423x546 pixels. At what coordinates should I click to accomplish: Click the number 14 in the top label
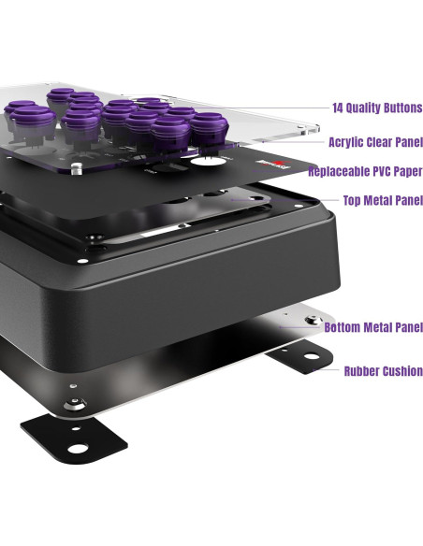(339, 108)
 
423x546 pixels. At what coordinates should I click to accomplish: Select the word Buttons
(403, 108)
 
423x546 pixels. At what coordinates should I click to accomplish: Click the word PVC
(382, 172)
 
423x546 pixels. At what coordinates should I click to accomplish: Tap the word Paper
(408, 172)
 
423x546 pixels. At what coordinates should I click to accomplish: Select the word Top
(354, 200)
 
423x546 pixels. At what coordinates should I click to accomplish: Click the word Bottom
(343, 327)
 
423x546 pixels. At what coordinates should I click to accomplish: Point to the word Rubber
(361, 371)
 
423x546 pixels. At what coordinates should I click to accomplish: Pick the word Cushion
(402, 371)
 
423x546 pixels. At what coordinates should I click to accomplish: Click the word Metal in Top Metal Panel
(380, 200)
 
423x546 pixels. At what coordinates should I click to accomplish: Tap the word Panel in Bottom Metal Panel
(408, 327)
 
